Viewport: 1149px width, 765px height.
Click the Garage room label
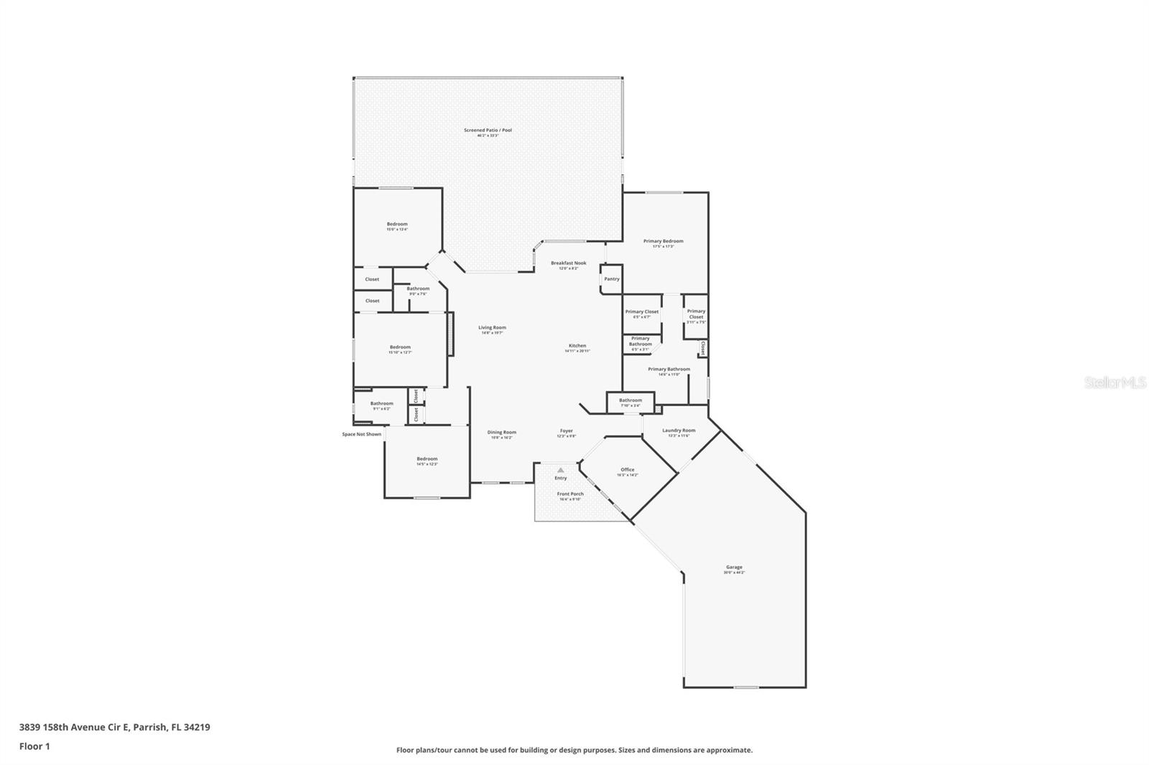[734, 568]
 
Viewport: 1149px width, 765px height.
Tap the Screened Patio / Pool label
[488, 131]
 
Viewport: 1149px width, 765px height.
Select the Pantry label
[611, 279]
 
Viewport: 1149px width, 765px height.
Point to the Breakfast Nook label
[568, 263]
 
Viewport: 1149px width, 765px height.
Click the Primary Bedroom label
[663, 242]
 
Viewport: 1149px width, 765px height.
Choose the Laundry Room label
[679, 431]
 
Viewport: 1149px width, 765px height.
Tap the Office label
[627, 470]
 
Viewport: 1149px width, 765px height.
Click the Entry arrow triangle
[561, 470]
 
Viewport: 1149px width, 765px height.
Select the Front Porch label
[570, 494]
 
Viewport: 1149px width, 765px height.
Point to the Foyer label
[567, 431]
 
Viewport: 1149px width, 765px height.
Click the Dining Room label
[502, 432]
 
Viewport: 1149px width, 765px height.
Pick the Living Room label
[492, 328]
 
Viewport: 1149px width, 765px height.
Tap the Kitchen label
[577, 346]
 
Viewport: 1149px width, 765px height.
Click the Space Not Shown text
[361, 434]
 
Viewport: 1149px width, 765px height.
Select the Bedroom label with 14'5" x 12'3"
[427, 459]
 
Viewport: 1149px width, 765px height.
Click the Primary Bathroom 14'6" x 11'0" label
[669, 370]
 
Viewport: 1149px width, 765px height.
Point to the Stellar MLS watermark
[1115, 383]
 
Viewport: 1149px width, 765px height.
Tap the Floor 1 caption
[34, 746]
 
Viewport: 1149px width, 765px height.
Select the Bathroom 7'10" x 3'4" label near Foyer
[631, 400]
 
